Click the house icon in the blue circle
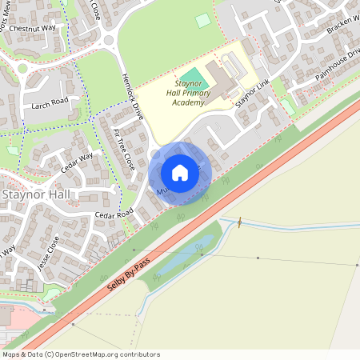tap(180, 173)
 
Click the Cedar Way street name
tap(76, 162)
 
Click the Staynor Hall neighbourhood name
tap(36, 194)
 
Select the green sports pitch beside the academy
tap(199, 81)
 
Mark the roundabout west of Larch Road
tap(22, 69)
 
